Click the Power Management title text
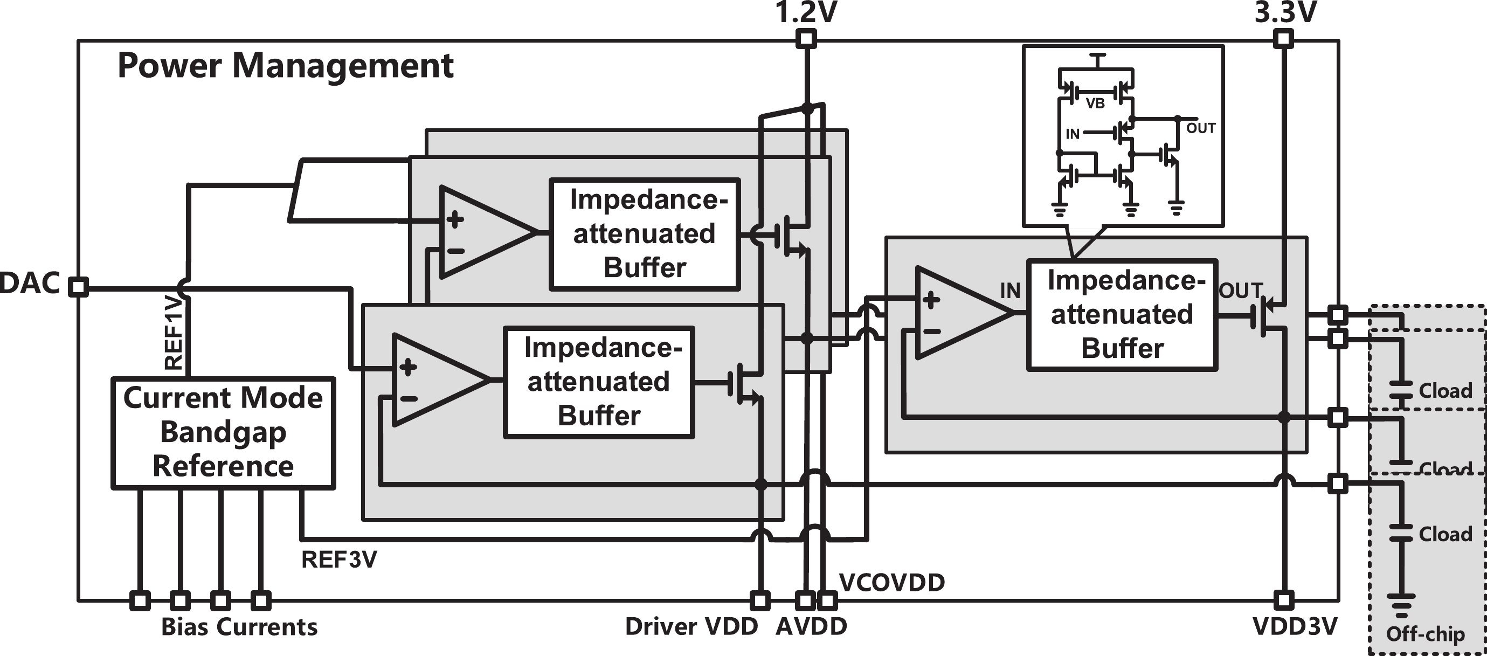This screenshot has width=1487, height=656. click(x=285, y=65)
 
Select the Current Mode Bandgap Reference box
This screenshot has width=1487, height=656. click(x=223, y=432)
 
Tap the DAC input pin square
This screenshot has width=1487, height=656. click(x=79, y=287)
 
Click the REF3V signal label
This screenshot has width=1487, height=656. click(x=339, y=560)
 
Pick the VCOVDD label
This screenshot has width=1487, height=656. click(x=892, y=583)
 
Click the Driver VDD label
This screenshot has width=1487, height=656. click(x=691, y=626)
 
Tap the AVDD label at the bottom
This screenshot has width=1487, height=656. click(x=811, y=626)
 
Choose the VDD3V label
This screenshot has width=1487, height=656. click(x=1294, y=626)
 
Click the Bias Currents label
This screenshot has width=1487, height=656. click(x=239, y=626)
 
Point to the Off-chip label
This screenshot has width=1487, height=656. click(x=1425, y=634)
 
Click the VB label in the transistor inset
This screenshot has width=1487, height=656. click(x=1095, y=103)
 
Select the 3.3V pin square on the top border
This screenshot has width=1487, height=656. click(x=1283, y=39)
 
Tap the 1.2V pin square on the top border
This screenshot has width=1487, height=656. click(x=806, y=39)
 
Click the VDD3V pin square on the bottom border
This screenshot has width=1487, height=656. click(x=1283, y=600)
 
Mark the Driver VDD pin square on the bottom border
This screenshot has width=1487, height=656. click(x=759, y=600)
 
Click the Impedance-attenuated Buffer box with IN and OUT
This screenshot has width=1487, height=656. click(x=1122, y=315)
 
